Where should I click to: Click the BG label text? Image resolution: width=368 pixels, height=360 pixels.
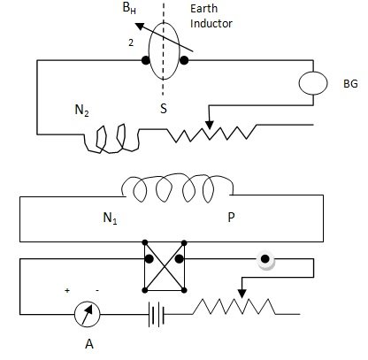click(350, 84)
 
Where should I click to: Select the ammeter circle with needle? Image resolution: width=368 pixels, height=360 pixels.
click(87, 314)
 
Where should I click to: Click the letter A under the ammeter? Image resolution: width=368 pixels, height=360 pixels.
click(89, 344)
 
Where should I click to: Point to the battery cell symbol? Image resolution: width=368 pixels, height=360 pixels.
click(156, 314)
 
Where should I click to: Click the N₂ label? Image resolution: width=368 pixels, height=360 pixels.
click(81, 111)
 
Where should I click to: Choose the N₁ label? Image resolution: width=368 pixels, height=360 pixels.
click(110, 218)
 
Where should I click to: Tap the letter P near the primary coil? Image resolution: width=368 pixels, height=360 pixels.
click(231, 218)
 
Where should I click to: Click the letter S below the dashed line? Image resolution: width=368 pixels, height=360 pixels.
click(164, 109)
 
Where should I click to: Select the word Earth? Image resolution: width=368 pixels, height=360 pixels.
click(203, 8)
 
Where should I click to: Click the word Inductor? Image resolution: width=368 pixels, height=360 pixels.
click(211, 24)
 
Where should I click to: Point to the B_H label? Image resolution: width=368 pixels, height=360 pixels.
click(129, 8)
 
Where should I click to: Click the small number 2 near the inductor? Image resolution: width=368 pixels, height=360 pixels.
click(131, 42)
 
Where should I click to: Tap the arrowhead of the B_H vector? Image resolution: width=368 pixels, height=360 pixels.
click(140, 27)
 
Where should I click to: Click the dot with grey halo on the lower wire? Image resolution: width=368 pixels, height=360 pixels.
click(265, 259)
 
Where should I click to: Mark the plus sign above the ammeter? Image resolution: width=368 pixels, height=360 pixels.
click(67, 290)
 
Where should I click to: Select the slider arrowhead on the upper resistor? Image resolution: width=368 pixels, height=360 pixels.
click(210, 126)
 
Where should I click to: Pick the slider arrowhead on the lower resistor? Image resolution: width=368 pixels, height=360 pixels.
click(241, 294)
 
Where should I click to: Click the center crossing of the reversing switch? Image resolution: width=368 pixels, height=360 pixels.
click(165, 267)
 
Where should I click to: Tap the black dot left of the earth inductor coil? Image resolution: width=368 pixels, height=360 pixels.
click(145, 60)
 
